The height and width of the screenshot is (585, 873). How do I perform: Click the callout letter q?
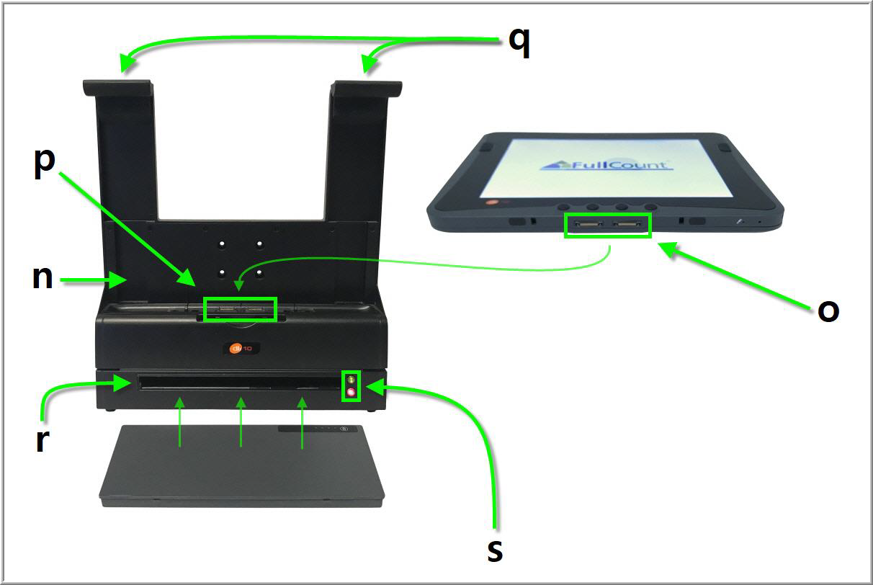[519, 43]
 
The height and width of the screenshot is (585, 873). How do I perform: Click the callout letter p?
[45, 164]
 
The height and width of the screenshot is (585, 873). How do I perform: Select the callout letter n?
[42, 277]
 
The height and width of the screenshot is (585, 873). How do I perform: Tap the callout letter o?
[828, 311]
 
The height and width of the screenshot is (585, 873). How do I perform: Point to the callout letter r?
[42, 441]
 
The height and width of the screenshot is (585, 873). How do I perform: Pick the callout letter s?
[495, 550]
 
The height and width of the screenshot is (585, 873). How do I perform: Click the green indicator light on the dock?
[352, 379]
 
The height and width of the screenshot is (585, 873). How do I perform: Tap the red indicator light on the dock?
[352, 392]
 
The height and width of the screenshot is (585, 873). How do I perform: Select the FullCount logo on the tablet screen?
[606, 165]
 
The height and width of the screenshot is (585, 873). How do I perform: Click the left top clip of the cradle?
[117, 88]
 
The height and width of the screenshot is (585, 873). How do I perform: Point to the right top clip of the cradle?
[367, 89]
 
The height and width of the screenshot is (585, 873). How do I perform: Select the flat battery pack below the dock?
[241, 465]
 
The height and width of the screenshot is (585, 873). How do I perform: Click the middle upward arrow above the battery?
[241, 421]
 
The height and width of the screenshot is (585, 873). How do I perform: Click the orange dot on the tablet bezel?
[492, 202]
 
